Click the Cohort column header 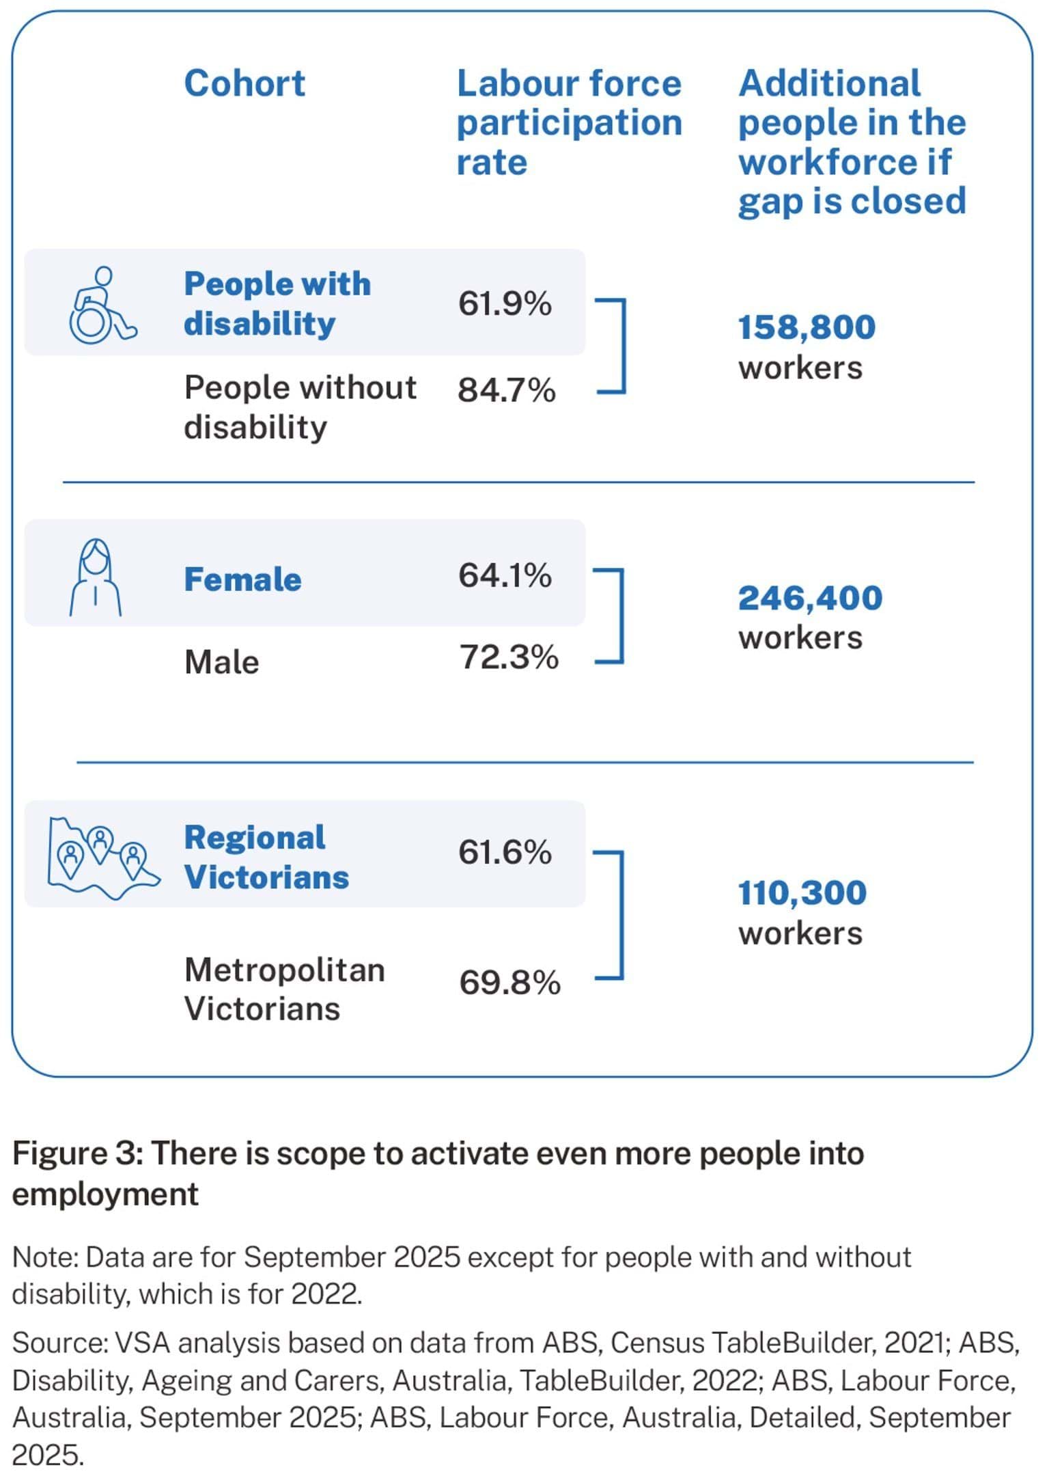pos(244,84)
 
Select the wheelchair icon pos(102,305)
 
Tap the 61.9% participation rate pos(505,303)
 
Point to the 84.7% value pos(506,390)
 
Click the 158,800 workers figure pos(807,327)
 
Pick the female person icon pos(96,578)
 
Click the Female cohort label pos(242,579)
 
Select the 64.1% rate pos(505,575)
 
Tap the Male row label pos(221,662)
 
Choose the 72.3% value pos(509,657)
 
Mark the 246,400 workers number pos(810,598)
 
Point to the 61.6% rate pos(505,852)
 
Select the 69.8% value pos(509,983)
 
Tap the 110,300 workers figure pos(802,893)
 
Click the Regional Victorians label pos(266,858)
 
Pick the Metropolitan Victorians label pos(284,989)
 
